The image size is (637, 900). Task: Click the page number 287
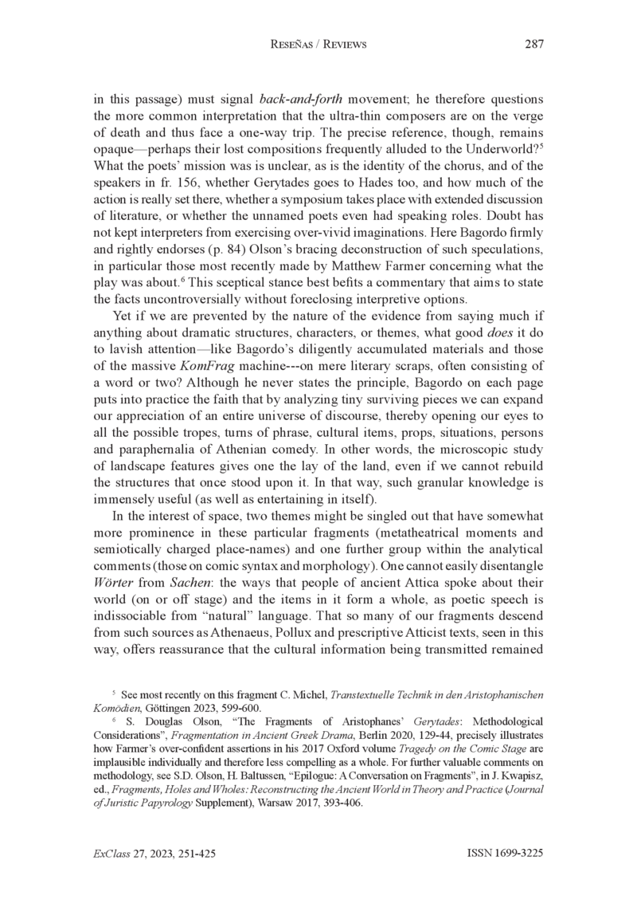coord(533,45)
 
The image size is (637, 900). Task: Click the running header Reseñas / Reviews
coord(319,45)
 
